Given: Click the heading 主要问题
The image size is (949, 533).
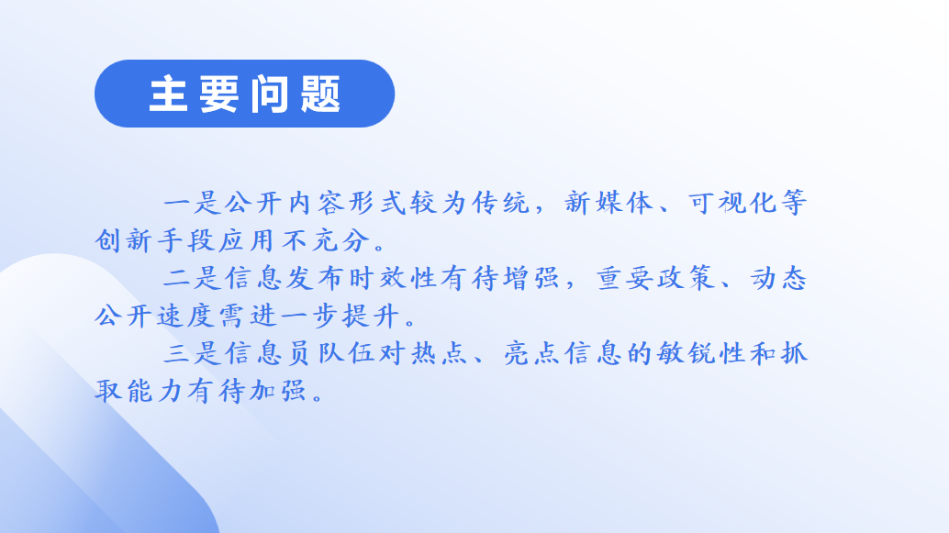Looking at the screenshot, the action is coord(244,94).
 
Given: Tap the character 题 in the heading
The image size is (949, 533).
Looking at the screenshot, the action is coord(321,94).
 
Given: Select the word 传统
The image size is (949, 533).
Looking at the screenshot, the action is coord(500,203).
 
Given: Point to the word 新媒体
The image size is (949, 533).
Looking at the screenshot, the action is coord(608,203).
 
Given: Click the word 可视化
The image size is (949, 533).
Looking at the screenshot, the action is coord(732,203).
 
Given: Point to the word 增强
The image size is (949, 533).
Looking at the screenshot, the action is coord(531,278).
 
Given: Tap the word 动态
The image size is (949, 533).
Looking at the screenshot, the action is coord(779,278).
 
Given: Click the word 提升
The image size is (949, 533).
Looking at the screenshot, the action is coord(371,316).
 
